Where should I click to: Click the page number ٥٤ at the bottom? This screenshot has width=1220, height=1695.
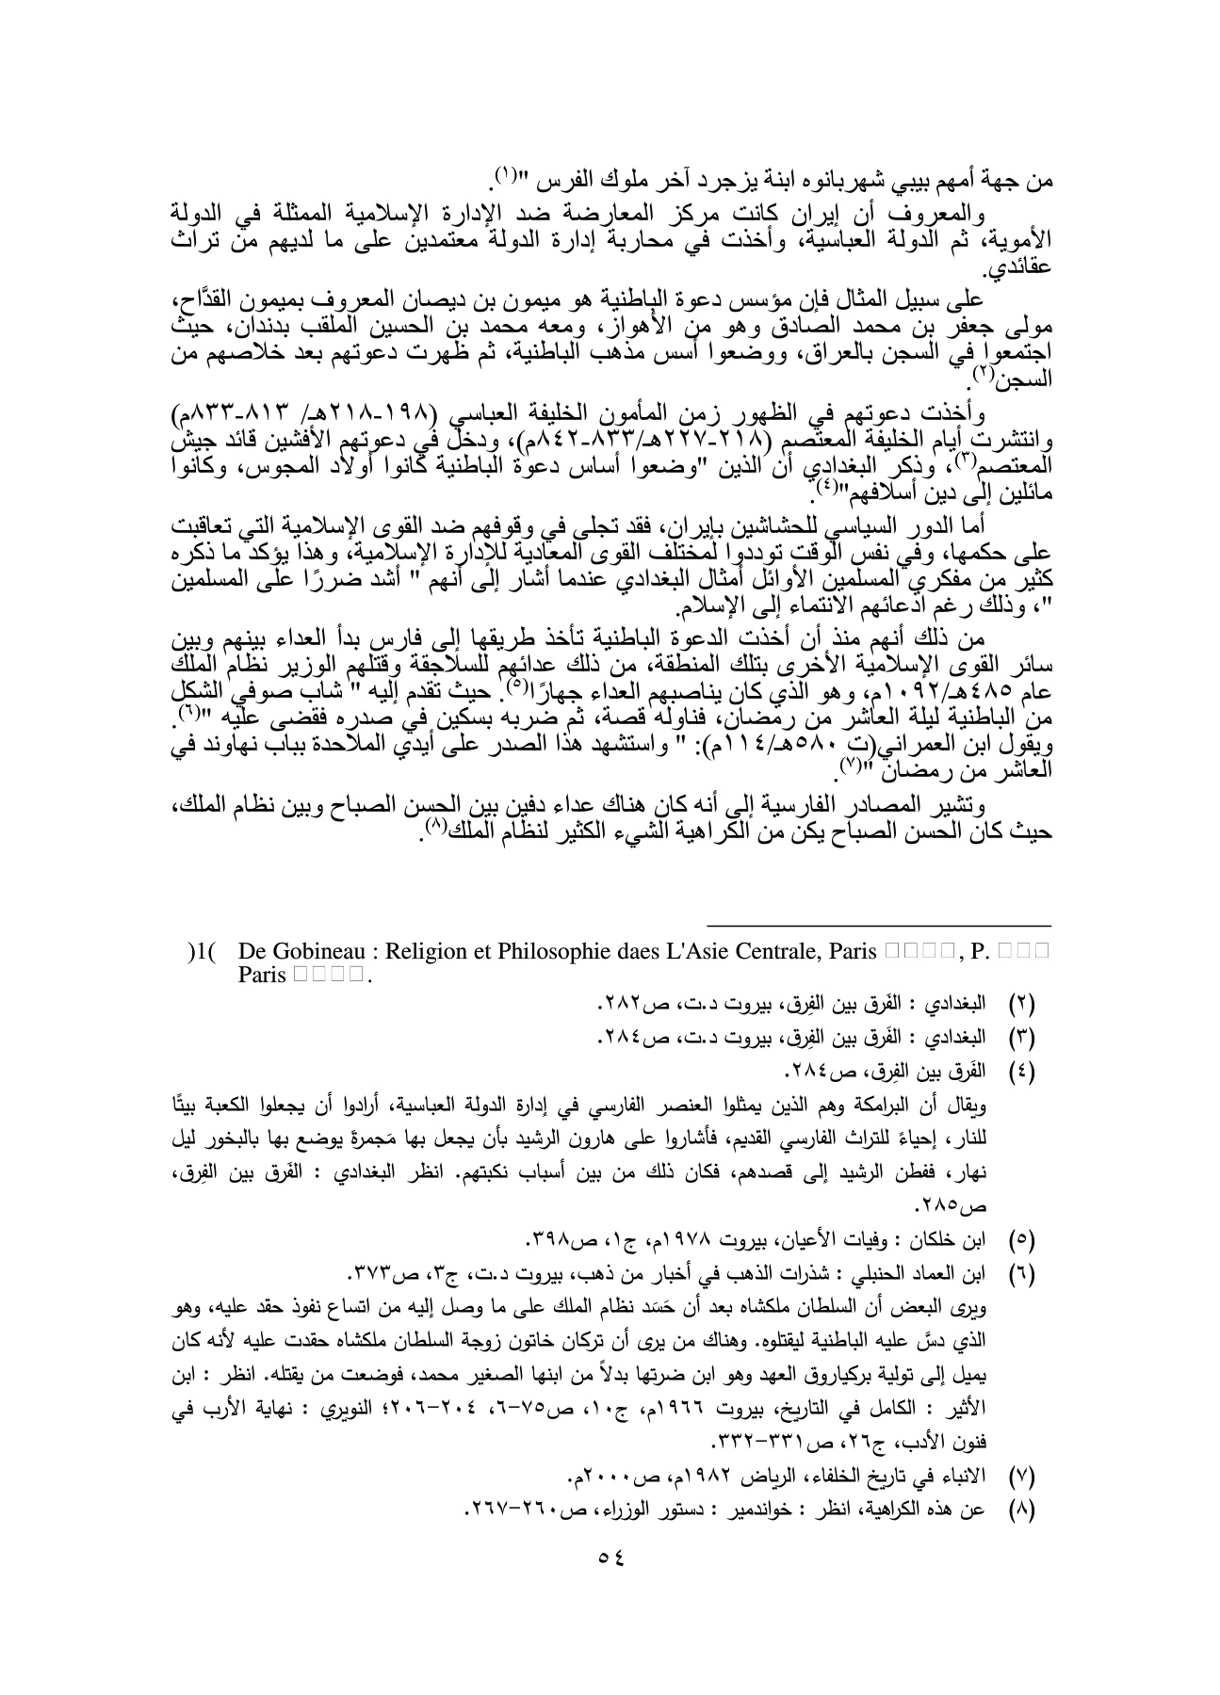(611, 1557)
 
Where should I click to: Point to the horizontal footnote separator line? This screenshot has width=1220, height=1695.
(878, 927)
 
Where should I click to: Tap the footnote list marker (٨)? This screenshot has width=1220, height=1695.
(1021, 1509)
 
